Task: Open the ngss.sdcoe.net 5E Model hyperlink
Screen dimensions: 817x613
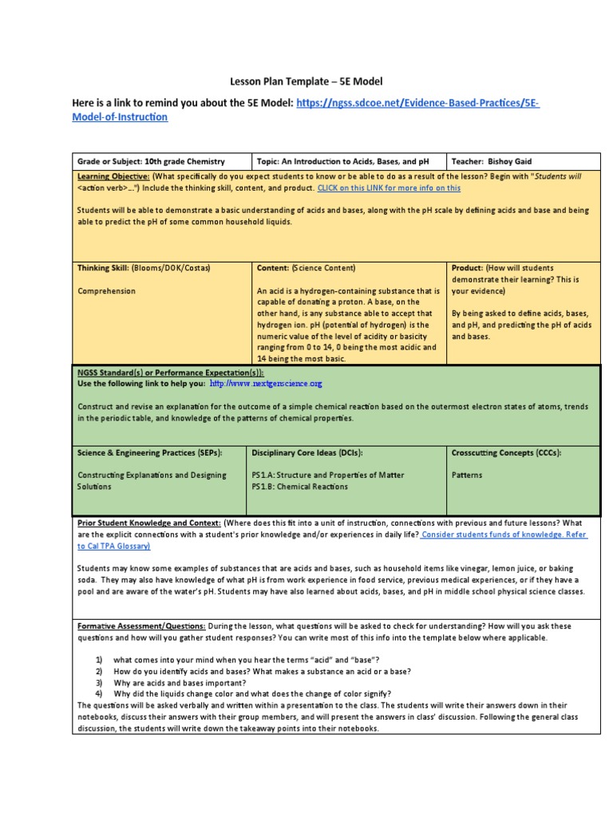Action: pyautogui.click(x=418, y=103)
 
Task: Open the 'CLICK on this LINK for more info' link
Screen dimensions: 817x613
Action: pyautogui.click(x=389, y=187)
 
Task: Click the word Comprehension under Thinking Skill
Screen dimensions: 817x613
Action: pyautogui.click(x=106, y=291)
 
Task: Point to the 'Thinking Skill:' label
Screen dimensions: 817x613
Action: pyautogui.click(x=104, y=268)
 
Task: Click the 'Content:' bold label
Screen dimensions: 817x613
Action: pyautogui.click(x=273, y=268)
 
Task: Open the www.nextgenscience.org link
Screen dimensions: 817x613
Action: pyautogui.click(x=266, y=384)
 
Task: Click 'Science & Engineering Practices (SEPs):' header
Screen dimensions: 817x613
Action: pyautogui.click(x=149, y=452)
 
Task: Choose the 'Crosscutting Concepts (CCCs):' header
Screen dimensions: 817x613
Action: pyautogui.click(x=506, y=452)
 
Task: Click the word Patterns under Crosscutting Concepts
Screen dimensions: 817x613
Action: pyautogui.click(x=468, y=475)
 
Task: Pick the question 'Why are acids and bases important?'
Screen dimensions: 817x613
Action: pyautogui.click(x=180, y=683)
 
